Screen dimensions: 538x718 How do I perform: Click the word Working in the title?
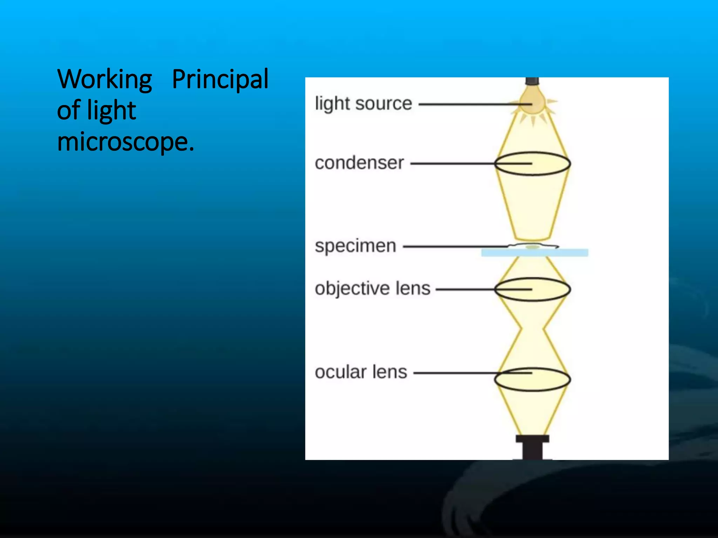[x=104, y=80]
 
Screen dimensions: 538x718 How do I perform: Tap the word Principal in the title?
[x=220, y=80]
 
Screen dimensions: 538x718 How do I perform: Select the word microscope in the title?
[x=123, y=142]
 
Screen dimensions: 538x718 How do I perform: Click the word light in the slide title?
[x=111, y=111]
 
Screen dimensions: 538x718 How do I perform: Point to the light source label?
[x=363, y=104]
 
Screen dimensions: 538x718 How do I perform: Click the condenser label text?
[x=359, y=163]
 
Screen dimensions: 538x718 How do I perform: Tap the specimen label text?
[x=355, y=246]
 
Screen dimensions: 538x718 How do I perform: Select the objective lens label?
[x=372, y=289]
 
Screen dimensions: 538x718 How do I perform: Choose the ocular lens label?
[x=361, y=372]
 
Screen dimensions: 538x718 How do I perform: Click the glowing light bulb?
[x=532, y=102]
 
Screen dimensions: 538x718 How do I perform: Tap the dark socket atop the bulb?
[x=532, y=81]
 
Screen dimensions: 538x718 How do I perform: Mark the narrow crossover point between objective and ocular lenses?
[x=532, y=329]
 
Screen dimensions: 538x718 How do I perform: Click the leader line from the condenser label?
[x=452, y=164]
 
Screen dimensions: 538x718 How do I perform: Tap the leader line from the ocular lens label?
[x=456, y=373]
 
